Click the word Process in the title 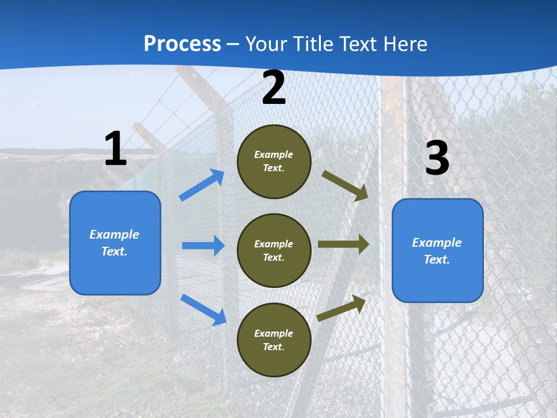tap(182, 44)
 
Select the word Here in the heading tap(406, 44)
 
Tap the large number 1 tap(115, 149)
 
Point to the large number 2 tap(274, 88)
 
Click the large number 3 tap(437, 158)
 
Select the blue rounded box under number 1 tap(115, 243)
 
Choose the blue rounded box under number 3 tap(437, 251)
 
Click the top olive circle tap(274, 161)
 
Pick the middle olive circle tap(274, 251)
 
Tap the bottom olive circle tap(274, 340)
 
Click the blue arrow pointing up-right tap(202, 185)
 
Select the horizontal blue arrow tap(203, 246)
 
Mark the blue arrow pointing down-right tap(203, 309)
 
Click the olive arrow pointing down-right tap(345, 186)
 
